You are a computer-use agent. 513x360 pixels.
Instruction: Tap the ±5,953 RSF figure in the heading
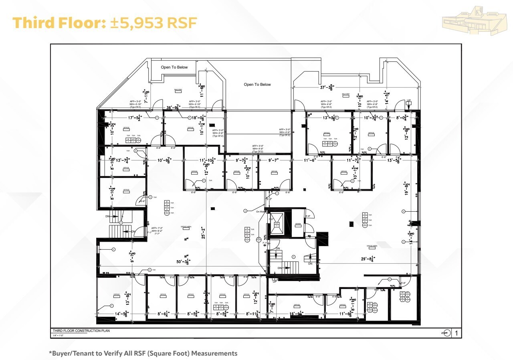tap(153, 23)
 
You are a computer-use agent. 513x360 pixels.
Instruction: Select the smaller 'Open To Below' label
tap(174, 67)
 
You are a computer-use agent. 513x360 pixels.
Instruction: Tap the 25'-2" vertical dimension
tap(204, 233)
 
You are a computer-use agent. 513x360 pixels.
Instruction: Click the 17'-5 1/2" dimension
tap(136, 118)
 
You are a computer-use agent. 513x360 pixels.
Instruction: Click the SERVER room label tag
tap(298, 224)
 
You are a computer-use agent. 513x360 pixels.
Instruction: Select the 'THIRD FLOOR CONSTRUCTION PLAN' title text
tap(81, 331)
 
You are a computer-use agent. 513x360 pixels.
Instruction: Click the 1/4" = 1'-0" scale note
tap(59, 336)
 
